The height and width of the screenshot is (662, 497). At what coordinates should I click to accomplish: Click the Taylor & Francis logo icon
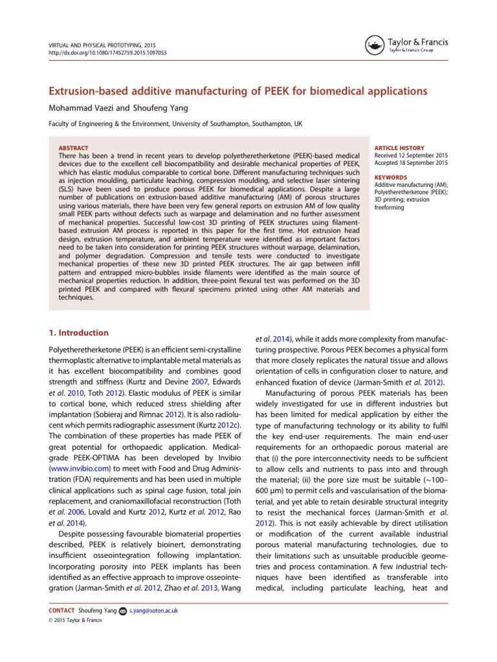(373, 46)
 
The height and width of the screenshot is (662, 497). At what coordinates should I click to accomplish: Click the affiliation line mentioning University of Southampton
(168, 123)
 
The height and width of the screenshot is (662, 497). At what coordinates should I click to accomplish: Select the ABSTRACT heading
(73, 148)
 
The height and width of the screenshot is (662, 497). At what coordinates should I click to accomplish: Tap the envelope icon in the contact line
(123, 610)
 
